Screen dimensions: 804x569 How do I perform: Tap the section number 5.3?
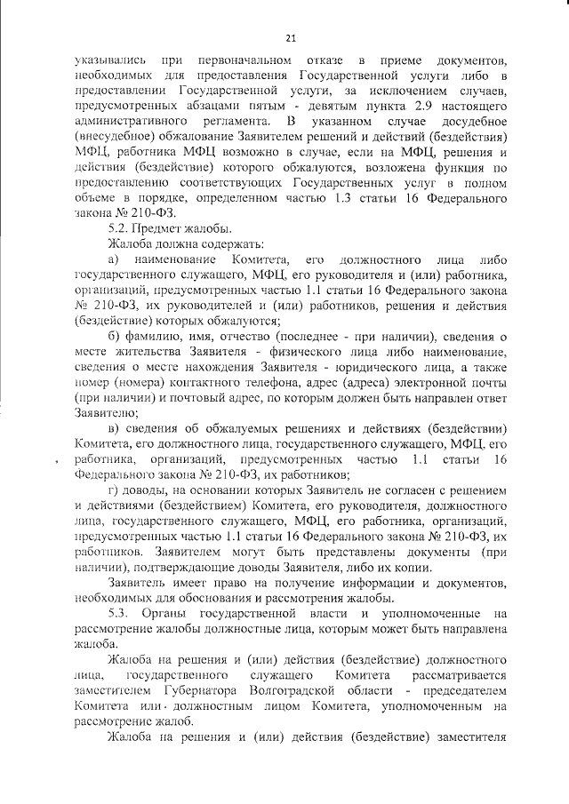[118, 613]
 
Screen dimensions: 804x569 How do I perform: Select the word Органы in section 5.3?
[178, 613]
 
